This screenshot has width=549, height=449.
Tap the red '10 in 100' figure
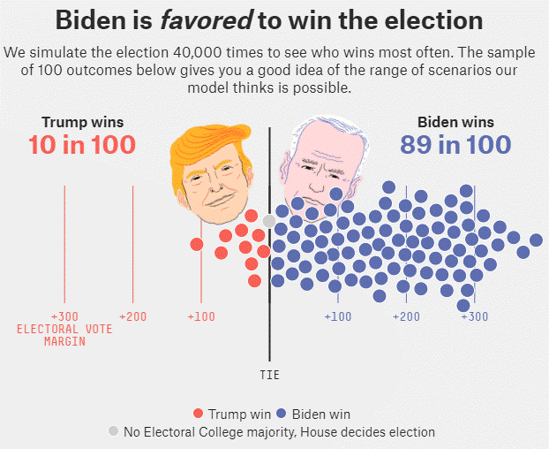click(82, 145)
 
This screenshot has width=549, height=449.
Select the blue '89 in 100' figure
click(455, 145)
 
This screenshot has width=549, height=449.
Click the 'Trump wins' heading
click(82, 122)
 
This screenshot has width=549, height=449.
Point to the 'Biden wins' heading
click(455, 122)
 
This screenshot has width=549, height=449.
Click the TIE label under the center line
click(270, 375)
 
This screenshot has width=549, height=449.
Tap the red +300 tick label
click(64, 316)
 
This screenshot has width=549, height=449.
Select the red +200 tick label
click(132, 316)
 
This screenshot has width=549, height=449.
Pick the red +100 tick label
click(201, 316)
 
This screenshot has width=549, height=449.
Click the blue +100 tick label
click(338, 316)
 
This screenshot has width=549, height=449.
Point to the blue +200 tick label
click(406, 316)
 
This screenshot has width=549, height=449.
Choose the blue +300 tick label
click(474, 316)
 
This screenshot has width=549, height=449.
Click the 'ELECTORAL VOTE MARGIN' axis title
click(64, 335)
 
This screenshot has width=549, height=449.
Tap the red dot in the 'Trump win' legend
click(198, 414)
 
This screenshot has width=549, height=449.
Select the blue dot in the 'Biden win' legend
click(282, 414)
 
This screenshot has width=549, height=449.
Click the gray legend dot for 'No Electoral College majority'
click(113, 431)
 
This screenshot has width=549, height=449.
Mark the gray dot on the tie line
click(269, 221)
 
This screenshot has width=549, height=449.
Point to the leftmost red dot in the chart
click(196, 244)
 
